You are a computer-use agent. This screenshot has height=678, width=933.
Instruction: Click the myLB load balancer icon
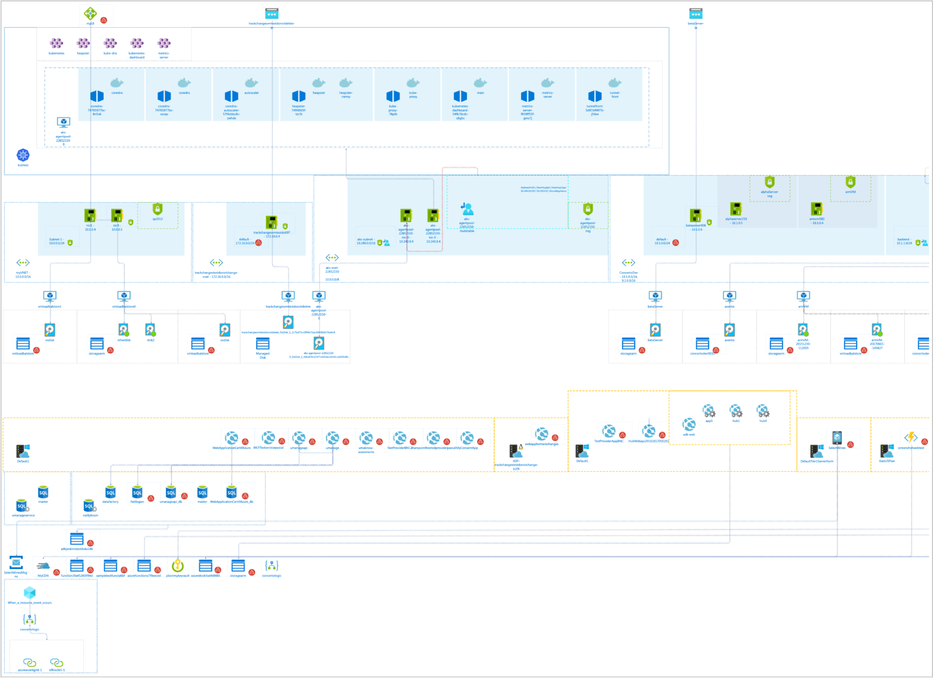[90, 13]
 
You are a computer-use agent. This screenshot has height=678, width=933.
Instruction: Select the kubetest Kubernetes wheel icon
[23, 155]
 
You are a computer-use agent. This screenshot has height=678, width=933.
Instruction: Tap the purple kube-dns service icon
[110, 43]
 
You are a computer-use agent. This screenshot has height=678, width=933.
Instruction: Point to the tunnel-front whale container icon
[615, 83]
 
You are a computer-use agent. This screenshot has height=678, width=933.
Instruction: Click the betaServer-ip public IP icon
[696, 14]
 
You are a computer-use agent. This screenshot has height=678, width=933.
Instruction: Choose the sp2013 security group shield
[158, 209]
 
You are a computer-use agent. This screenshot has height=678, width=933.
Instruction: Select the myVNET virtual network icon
[23, 263]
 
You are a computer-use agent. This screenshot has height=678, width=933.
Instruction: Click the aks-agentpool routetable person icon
[466, 209]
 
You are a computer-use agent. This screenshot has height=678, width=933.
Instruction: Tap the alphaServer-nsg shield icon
[769, 182]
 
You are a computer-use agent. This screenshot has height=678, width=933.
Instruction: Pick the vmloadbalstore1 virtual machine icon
[50, 296]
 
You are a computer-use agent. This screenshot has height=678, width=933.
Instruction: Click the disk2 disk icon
[150, 329]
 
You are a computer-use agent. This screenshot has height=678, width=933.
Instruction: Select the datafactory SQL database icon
[110, 492]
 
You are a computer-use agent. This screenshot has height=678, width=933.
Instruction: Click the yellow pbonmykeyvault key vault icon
[178, 566]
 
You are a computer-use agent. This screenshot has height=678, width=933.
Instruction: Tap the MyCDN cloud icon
[43, 566]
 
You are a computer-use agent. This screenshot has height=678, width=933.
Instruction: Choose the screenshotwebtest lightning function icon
[911, 438]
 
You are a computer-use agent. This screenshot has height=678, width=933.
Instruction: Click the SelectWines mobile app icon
[837, 438]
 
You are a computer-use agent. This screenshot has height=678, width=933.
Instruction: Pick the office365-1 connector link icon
[56, 662]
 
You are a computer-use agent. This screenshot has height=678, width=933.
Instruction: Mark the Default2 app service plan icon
[23, 451]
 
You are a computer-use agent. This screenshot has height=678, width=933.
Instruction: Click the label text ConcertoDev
[628, 273]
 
